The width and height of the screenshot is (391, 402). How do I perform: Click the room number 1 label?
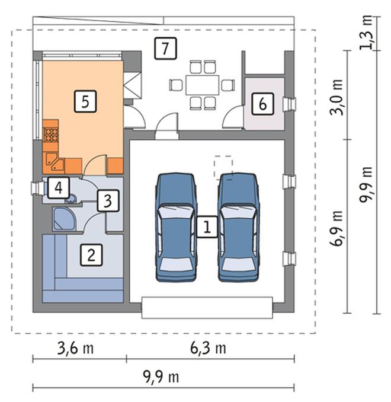coord(207,226)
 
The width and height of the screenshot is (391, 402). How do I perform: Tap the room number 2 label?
coord(91,255)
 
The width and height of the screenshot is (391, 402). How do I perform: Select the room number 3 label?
coord(108,201)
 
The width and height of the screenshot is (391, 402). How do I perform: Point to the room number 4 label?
coord(59,188)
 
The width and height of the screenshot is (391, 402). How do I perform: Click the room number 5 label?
coord(85,101)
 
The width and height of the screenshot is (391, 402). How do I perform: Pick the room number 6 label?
coord(262,104)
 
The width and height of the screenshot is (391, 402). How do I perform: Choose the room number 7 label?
coord(165,48)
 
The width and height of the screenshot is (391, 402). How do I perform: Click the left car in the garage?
coord(177,227)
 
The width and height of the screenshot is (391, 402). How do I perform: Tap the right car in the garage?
coord(238,227)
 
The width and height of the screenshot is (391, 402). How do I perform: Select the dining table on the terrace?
coord(203,85)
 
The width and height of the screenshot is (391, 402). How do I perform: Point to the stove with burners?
coord(51,134)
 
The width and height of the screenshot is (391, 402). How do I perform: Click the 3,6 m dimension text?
coord(75,348)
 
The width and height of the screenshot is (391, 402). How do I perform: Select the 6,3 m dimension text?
coord(208,348)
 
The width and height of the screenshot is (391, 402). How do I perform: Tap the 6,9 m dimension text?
coord(336,228)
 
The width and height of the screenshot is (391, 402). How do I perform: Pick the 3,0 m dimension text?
coord(336,97)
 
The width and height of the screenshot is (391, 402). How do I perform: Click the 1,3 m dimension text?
coord(366,32)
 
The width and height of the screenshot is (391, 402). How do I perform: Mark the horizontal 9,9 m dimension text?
coord(161,377)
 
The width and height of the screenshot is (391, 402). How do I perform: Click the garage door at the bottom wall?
coord(207,308)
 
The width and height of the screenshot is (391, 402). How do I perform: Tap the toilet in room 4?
coord(71,199)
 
